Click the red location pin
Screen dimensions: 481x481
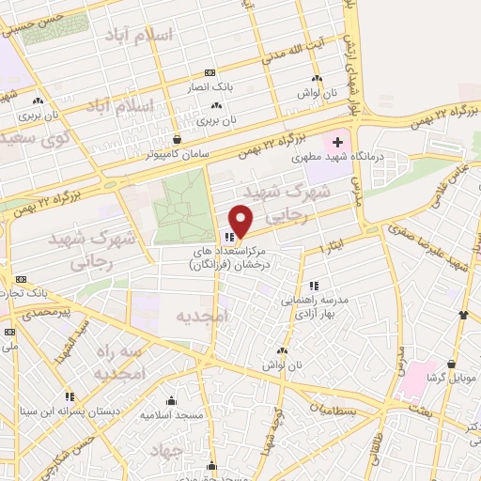click(241, 221)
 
